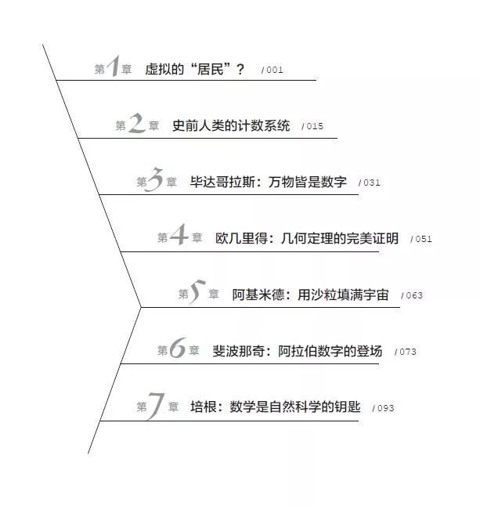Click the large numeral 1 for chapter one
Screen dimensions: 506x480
pyautogui.click(x=112, y=68)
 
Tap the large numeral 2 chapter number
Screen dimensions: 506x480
pyautogui.click(x=137, y=125)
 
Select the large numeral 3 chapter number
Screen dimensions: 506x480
pyautogui.click(x=155, y=181)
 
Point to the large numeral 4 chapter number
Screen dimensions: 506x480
pyautogui.click(x=179, y=237)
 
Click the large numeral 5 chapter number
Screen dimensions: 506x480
pyautogui.click(x=197, y=294)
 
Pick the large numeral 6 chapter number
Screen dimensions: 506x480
pyautogui.click(x=178, y=350)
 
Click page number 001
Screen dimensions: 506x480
pyautogui.click(x=273, y=70)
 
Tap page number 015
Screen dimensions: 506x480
pyautogui.click(x=313, y=126)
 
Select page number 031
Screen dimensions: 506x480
pyautogui.click(x=370, y=183)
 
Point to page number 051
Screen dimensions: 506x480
pyautogui.click(x=422, y=239)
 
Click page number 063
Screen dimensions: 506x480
pyautogui.click(x=413, y=295)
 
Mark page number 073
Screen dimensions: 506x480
pyautogui.click(x=406, y=352)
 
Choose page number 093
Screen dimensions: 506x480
pyautogui.click(x=384, y=408)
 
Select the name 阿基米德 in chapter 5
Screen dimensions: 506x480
pyautogui.click(x=257, y=295)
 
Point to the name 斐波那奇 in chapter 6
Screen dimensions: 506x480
pyautogui.click(x=238, y=351)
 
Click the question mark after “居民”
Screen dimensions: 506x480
pyautogui.click(x=240, y=70)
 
